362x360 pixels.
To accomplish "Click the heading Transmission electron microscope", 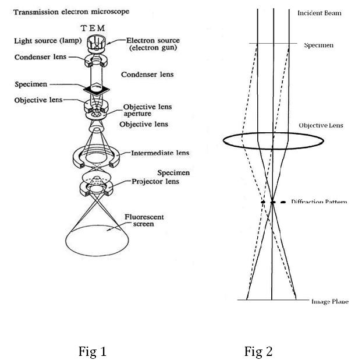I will tap(72, 12).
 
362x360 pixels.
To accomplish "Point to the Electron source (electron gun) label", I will tap(152, 44).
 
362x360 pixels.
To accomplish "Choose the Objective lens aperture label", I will tap(145, 111).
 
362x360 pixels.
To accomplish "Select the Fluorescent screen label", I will tap(144, 220).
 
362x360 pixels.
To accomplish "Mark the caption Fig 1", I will tap(93, 351).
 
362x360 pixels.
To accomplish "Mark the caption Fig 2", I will tap(258, 351).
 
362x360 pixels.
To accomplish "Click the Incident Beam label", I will tap(319, 13).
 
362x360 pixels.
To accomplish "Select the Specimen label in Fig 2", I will tap(319, 45).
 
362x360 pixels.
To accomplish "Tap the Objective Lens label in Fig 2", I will tap(321, 125).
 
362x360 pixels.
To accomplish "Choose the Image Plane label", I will tap(329, 301).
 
